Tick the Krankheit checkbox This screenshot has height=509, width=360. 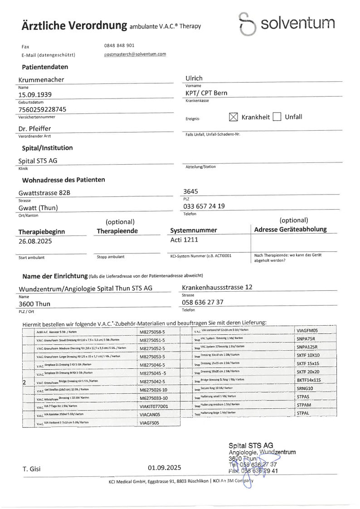pyautogui.click(x=234, y=117)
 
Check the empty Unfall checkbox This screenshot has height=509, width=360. pyautogui.click(x=277, y=117)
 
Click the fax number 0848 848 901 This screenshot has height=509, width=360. pyautogui.click(x=119, y=45)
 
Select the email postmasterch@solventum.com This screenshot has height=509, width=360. pyautogui.click(x=135, y=54)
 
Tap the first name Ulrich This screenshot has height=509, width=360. pyautogui.click(x=194, y=79)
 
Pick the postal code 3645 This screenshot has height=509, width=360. pyautogui.click(x=190, y=191)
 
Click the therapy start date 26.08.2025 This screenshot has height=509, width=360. pyautogui.click(x=35, y=241)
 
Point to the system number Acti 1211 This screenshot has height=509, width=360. pyautogui.click(x=184, y=240)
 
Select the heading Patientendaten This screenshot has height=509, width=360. pyautogui.click(x=45, y=67)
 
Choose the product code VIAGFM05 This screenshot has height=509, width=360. pyautogui.click(x=310, y=331)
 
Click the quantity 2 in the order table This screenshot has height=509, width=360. pyautogui.click(x=24, y=382)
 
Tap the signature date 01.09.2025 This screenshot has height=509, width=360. pyautogui.click(x=164, y=468)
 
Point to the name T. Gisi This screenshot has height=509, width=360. pyautogui.click(x=33, y=468)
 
